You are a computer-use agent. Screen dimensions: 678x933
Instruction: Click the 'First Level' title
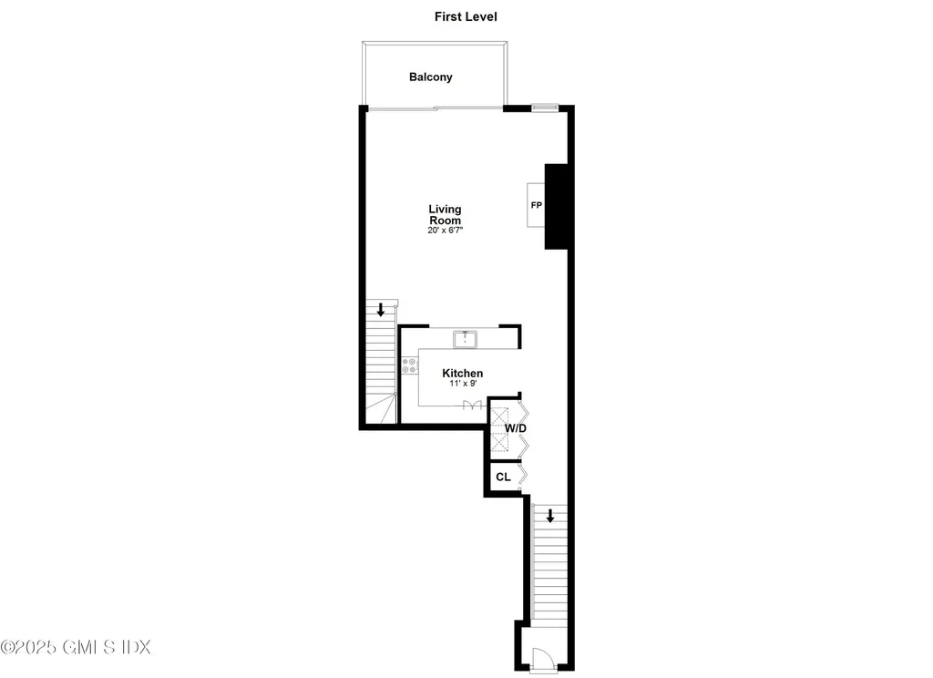click(x=466, y=16)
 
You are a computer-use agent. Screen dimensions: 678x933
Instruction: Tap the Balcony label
click(x=430, y=77)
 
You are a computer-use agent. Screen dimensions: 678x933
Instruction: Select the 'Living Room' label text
click(x=445, y=215)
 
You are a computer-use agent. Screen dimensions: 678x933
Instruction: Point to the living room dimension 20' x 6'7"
click(x=445, y=231)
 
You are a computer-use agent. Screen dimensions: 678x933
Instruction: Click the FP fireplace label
click(x=536, y=206)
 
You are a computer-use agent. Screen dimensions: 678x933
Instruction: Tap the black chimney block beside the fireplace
click(x=557, y=207)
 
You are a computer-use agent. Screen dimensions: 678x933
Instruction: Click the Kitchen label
click(x=462, y=374)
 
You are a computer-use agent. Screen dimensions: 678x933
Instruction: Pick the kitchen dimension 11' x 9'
click(x=462, y=385)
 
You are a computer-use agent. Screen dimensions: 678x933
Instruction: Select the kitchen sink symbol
click(x=466, y=339)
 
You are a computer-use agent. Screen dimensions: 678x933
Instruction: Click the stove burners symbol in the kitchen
click(x=409, y=366)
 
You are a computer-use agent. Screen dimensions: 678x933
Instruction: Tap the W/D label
click(x=516, y=427)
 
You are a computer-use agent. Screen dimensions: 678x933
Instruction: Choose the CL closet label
click(x=503, y=477)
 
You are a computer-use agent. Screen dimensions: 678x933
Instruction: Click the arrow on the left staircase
click(x=381, y=309)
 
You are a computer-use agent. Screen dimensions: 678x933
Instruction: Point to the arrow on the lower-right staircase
click(x=549, y=516)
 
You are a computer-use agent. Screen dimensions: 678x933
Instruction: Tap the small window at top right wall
click(x=544, y=108)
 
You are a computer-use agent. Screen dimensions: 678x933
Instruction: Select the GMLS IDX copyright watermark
click(x=76, y=647)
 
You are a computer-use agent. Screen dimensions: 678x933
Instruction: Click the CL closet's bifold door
click(x=522, y=476)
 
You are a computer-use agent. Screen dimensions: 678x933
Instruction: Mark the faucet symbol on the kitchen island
click(x=471, y=406)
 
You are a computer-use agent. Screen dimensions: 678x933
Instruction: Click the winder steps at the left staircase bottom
click(x=382, y=411)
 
